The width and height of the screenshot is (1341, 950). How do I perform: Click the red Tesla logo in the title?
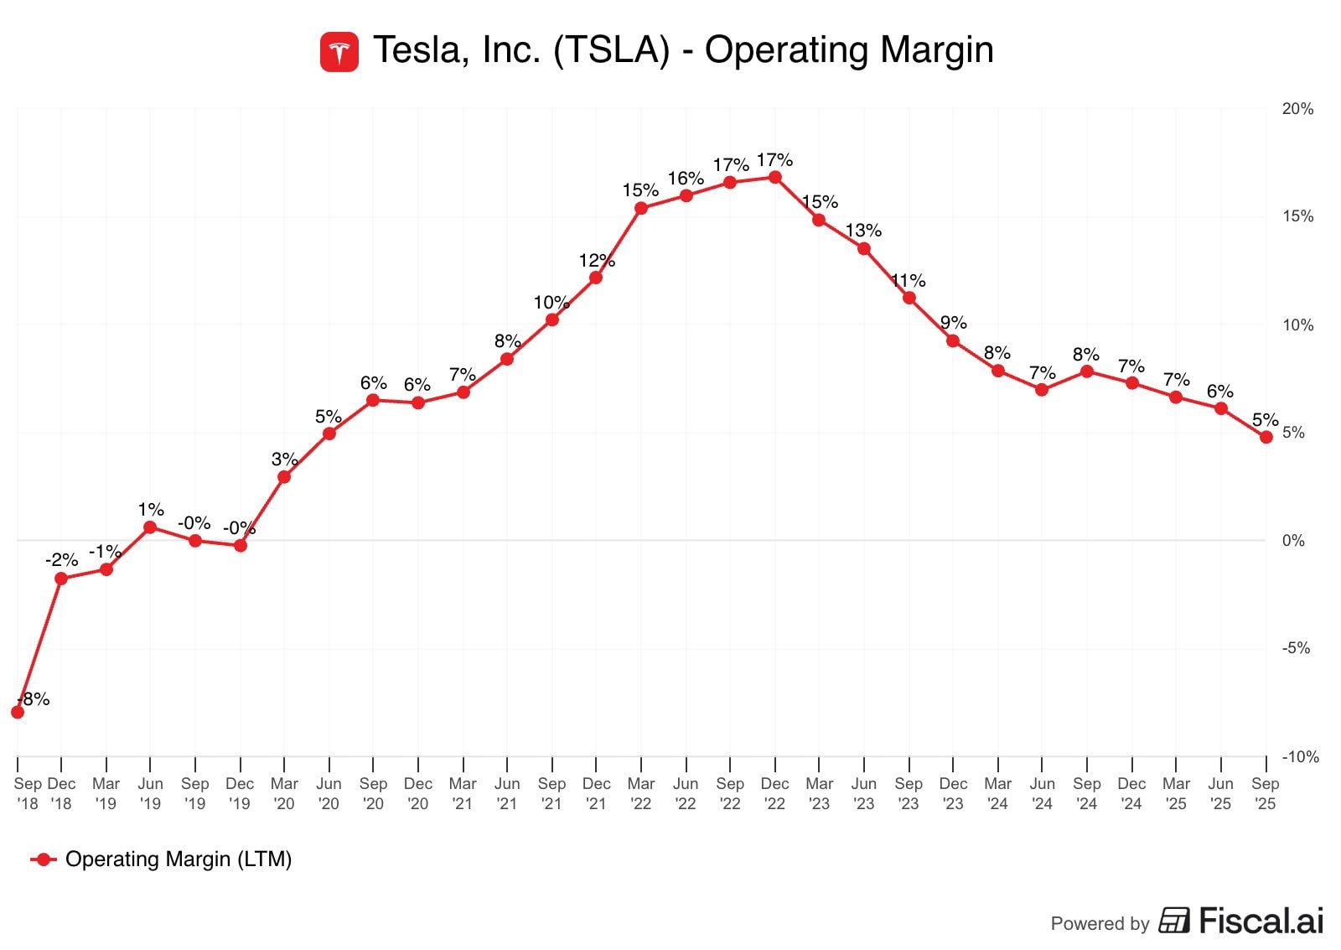(x=339, y=52)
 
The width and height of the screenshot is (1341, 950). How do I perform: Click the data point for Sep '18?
(x=18, y=712)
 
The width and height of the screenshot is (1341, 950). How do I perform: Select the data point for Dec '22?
(x=775, y=178)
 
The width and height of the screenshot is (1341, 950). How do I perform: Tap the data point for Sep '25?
(x=1266, y=437)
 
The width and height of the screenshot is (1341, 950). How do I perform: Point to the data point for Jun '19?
(x=150, y=527)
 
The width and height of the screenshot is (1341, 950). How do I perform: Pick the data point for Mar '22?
(x=641, y=209)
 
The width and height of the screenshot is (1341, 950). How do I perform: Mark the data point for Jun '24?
(x=1042, y=390)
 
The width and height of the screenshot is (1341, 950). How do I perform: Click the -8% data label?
(x=34, y=699)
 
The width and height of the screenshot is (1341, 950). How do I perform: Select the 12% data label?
(x=597, y=261)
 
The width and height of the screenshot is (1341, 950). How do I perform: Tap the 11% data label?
(x=909, y=281)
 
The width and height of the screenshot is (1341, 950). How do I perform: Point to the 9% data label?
(x=954, y=323)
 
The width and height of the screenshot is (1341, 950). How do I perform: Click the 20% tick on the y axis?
(x=1297, y=109)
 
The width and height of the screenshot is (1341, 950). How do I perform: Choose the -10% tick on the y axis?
(x=1300, y=757)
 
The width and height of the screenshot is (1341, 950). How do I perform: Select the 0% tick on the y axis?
(x=1293, y=541)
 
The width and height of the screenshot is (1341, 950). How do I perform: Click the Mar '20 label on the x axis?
(x=284, y=793)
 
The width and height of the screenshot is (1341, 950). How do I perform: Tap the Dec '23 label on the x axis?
(x=953, y=793)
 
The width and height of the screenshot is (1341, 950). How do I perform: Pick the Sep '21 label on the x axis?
(x=551, y=793)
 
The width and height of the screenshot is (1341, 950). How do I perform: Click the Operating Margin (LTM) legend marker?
(x=43, y=859)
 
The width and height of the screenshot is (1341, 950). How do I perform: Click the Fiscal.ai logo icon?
(x=1174, y=921)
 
